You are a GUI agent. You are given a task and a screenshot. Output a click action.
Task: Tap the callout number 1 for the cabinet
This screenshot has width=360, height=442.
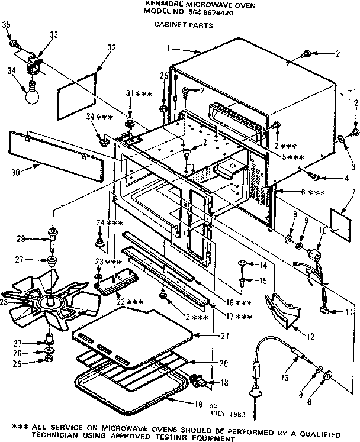[169, 47]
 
